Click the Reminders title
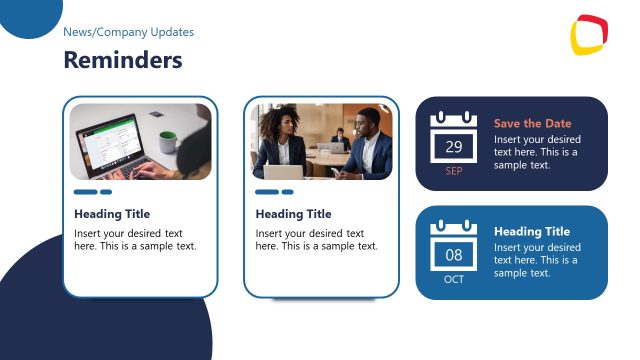coord(122,60)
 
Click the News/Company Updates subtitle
coord(128,32)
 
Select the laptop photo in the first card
coord(140,141)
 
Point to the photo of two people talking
coord(321,141)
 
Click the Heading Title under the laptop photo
coord(112,214)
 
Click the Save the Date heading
coord(533,124)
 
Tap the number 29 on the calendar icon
coord(454,147)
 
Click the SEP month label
coord(454,171)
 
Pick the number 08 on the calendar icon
coord(454,256)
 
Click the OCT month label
coord(454,279)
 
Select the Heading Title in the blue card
coord(532,232)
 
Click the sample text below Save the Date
coord(537,152)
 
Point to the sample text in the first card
coord(135,240)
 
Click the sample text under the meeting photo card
coord(316,240)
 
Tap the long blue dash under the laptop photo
coord(85,192)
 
